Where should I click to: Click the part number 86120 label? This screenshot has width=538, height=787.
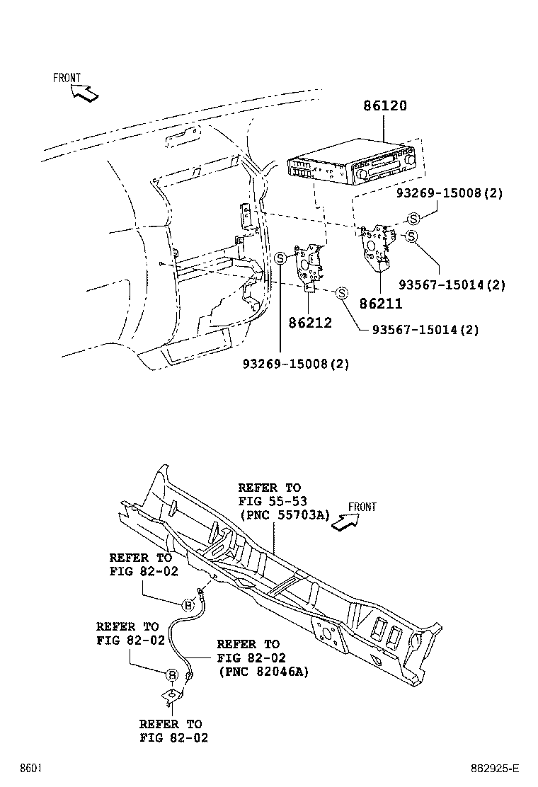[x=385, y=106]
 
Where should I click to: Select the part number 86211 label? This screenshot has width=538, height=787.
[x=380, y=304]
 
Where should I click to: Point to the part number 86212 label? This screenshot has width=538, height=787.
[x=310, y=323]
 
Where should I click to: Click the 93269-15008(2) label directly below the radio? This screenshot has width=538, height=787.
[x=449, y=193]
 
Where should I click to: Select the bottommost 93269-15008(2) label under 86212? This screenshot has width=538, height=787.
[x=296, y=364]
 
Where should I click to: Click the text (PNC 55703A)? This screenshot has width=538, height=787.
[x=285, y=515]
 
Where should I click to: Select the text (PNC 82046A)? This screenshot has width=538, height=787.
[x=263, y=672]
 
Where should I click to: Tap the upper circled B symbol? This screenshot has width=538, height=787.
[x=188, y=604]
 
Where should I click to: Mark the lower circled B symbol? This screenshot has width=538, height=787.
[x=171, y=675]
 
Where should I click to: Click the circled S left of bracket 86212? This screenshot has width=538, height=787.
[x=280, y=258]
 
